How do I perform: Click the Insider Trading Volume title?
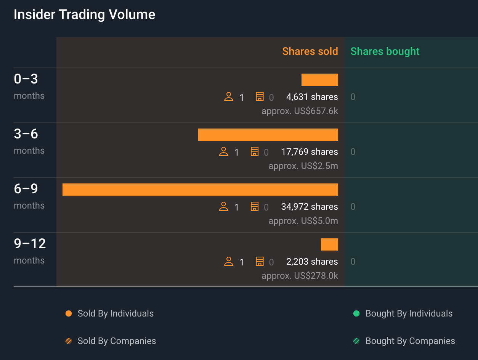[84, 14]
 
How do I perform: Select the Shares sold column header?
[310, 51]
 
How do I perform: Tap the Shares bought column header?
[385, 51]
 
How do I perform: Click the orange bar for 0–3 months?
[319, 80]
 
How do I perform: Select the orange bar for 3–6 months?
[268, 135]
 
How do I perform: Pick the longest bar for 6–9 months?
[200, 190]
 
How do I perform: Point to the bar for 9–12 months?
[329, 244]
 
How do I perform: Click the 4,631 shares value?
[312, 97]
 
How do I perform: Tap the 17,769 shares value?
[309, 152]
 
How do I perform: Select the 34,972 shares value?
[309, 207]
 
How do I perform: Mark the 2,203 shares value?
[312, 262]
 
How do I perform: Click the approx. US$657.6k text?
[300, 111]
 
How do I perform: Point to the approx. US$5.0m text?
[303, 221]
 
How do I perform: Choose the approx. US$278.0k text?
[300, 276]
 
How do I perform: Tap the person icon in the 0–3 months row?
[229, 97]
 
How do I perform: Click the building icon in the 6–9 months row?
[255, 207]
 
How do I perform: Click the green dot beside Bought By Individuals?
[356, 313]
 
